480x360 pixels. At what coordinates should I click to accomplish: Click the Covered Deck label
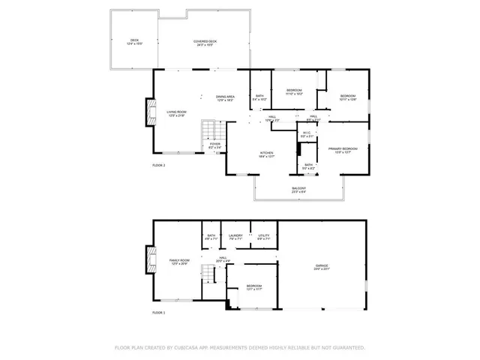click(x=205, y=43)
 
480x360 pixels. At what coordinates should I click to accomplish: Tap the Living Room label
click(x=176, y=113)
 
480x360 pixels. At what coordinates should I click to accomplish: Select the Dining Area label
click(x=226, y=97)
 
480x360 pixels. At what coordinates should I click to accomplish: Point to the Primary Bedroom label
click(x=343, y=150)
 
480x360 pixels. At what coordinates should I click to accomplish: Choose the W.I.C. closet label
click(x=307, y=135)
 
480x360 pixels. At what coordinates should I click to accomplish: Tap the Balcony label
click(x=298, y=190)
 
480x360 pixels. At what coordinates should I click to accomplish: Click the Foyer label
click(x=214, y=145)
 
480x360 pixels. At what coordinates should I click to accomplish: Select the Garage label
click(x=322, y=267)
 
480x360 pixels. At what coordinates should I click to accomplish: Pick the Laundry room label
click(x=235, y=238)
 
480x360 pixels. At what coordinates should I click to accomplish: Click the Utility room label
click(x=263, y=238)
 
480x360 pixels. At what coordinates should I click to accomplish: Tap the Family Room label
click(x=179, y=262)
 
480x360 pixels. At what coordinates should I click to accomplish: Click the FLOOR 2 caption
click(x=158, y=165)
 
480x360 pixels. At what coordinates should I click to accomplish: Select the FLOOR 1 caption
click(x=158, y=312)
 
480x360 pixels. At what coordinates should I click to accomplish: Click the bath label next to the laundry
click(x=211, y=238)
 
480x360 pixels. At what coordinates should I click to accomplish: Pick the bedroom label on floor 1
click(x=254, y=287)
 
